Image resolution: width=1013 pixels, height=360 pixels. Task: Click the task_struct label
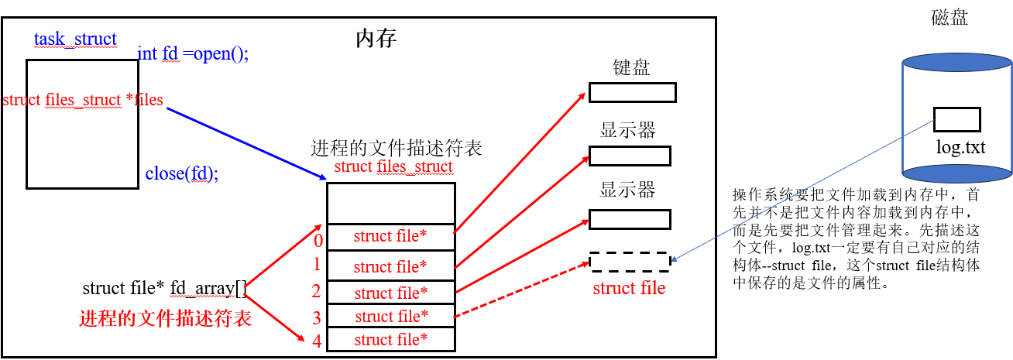pyautogui.click(x=75, y=39)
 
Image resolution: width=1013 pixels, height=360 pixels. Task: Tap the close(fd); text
pyautogui.click(x=182, y=173)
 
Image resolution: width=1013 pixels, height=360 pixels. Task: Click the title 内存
pyautogui.click(x=376, y=39)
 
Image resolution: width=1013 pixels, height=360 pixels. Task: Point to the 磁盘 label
pyautogui.click(x=949, y=19)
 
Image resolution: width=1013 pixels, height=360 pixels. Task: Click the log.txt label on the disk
pyautogui.click(x=961, y=147)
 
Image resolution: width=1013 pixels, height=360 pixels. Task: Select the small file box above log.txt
pyautogui.click(x=957, y=119)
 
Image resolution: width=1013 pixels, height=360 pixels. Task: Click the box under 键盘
pyautogui.click(x=632, y=93)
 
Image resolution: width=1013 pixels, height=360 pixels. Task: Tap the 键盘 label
pyautogui.click(x=631, y=67)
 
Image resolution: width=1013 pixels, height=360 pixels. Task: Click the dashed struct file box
pyautogui.click(x=630, y=262)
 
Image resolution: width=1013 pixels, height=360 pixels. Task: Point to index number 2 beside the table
pyautogui.click(x=317, y=292)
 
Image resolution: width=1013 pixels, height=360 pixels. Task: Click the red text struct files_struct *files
pyautogui.click(x=84, y=100)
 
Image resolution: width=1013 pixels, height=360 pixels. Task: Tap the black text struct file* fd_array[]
pyautogui.click(x=163, y=289)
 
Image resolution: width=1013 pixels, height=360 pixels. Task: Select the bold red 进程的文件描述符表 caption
pyautogui.click(x=166, y=318)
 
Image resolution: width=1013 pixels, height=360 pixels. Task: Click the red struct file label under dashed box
pyautogui.click(x=629, y=288)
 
